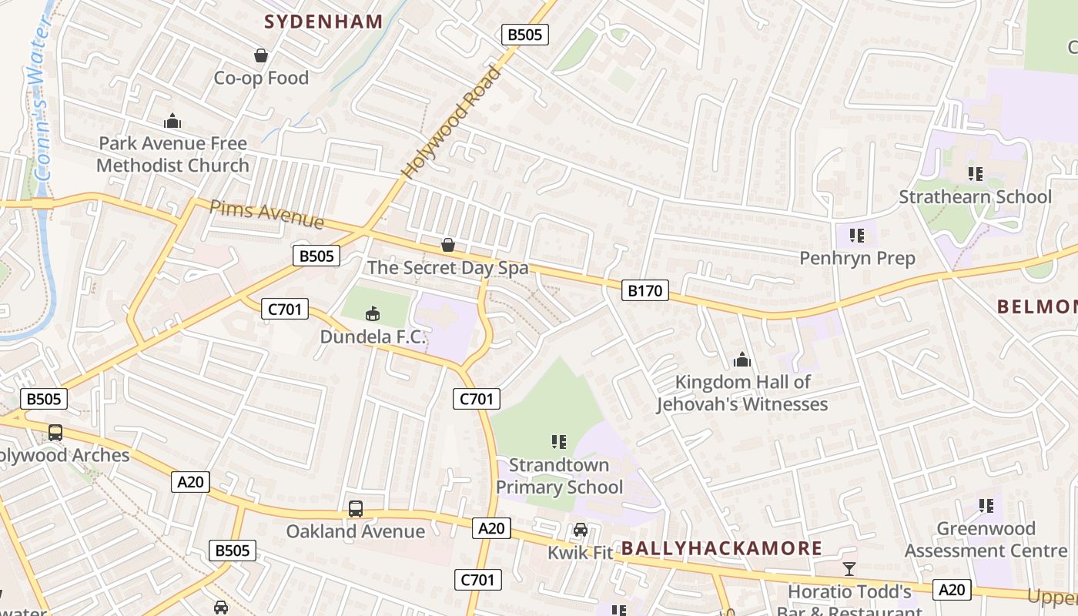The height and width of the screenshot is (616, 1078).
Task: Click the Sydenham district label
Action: point(323,22)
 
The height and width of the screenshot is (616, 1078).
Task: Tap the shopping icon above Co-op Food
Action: point(261,55)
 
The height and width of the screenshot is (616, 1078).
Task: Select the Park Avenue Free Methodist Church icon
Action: point(172,121)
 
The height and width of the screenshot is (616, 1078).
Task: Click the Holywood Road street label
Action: point(451,123)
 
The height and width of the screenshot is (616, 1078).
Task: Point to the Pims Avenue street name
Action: point(266,214)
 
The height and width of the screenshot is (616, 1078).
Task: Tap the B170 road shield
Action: point(645,290)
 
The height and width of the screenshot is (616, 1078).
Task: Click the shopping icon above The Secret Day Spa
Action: point(447,245)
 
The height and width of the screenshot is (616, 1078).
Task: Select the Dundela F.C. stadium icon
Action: point(372,313)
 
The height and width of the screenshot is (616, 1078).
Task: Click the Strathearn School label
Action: point(975,197)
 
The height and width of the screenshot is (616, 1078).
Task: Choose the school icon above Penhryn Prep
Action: point(857,235)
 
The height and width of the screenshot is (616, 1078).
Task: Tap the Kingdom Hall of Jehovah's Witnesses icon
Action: point(742,360)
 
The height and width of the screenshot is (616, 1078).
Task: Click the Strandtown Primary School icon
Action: point(559,442)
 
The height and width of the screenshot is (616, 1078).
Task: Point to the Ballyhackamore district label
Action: point(721,548)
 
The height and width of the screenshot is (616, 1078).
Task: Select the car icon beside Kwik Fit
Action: point(581,530)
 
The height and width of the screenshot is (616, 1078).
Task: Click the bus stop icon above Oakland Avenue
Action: point(355,508)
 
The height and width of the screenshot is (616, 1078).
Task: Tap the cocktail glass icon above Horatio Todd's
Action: point(849,569)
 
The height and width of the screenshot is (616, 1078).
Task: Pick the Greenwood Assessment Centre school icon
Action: point(986,506)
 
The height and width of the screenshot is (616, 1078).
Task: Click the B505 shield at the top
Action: point(524,34)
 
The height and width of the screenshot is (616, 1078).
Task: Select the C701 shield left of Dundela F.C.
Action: point(285,310)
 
